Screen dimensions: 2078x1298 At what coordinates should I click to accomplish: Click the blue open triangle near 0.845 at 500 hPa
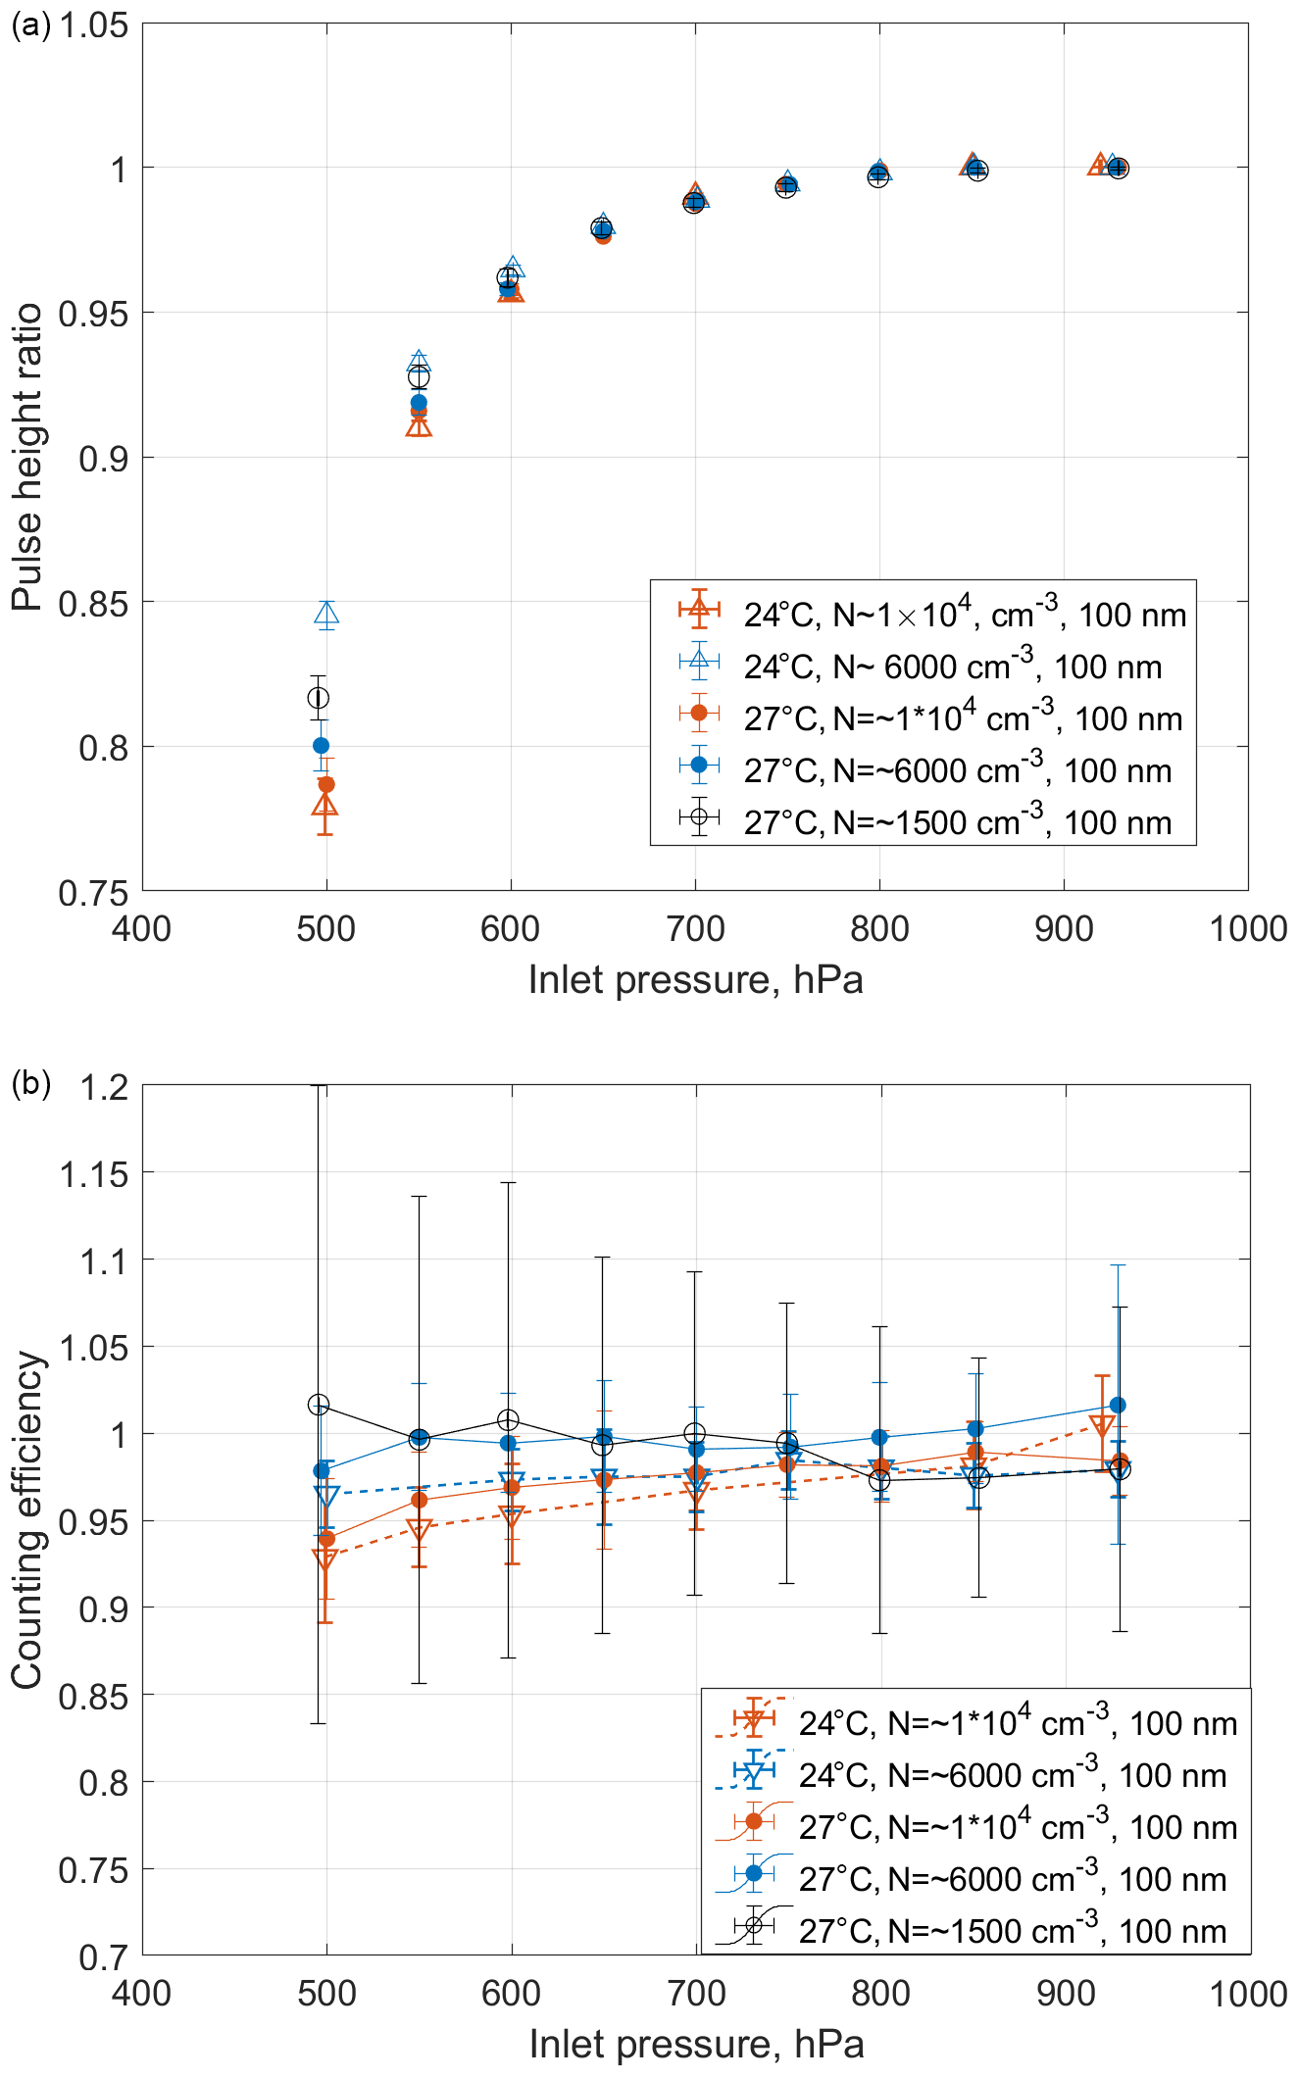click(326, 615)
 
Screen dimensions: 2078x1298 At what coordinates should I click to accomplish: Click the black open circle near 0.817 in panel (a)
click(318, 698)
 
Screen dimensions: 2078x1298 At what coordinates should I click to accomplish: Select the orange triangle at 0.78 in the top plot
click(324, 806)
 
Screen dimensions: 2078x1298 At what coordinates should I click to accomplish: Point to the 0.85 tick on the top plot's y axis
click(94, 603)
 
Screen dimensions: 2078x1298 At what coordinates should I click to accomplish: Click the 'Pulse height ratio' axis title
click(27, 457)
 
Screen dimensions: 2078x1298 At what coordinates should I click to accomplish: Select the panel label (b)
click(29, 1083)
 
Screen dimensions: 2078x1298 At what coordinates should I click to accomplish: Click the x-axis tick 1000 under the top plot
click(1247, 929)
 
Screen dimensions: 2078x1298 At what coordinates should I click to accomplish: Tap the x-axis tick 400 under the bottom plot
click(142, 1994)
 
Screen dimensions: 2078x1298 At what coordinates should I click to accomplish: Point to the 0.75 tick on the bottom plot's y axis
click(94, 1870)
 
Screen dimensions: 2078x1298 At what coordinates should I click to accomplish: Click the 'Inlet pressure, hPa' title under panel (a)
click(695, 980)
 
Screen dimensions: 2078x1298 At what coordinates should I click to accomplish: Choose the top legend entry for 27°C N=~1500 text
click(957, 822)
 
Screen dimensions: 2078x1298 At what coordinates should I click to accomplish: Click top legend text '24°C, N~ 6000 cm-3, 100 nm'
click(952, 667)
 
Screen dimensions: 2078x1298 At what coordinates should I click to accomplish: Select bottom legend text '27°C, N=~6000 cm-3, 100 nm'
click(1012, 1879)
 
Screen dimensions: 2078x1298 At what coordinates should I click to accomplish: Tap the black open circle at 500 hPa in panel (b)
click(318, 1405)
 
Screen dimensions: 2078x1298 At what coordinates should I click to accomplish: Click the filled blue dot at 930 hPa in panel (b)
click(1118, 1406)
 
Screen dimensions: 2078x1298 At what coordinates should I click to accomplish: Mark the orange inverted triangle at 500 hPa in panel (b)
click(324, 1558)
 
